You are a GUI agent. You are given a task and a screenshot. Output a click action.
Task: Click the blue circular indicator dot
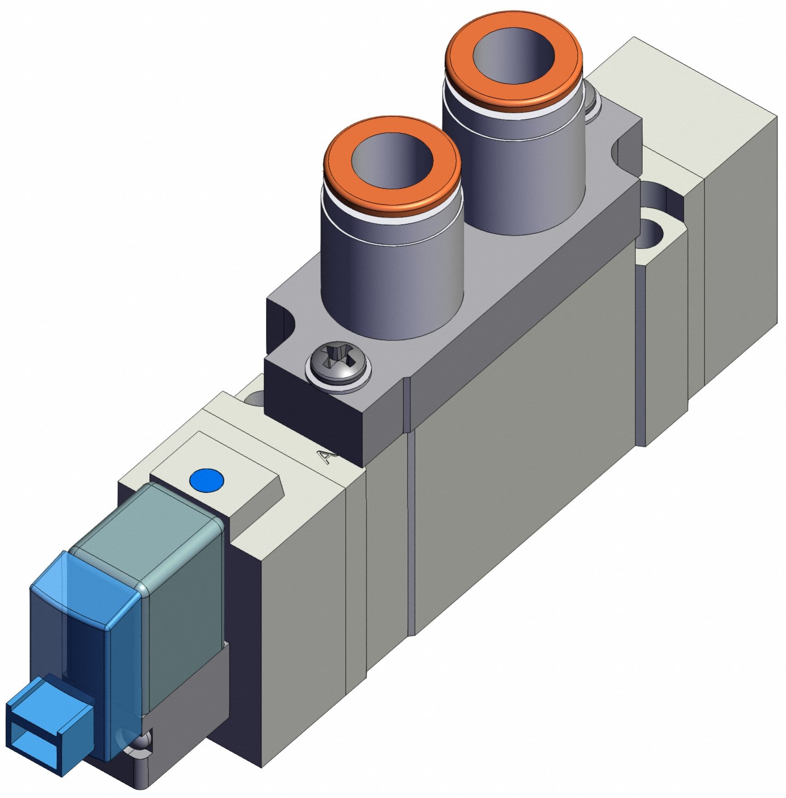(x=207, y=480)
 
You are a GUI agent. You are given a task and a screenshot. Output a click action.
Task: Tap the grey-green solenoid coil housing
(x=184, y=577)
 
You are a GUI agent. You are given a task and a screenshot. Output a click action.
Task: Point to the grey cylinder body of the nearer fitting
(x=392, y=286)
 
